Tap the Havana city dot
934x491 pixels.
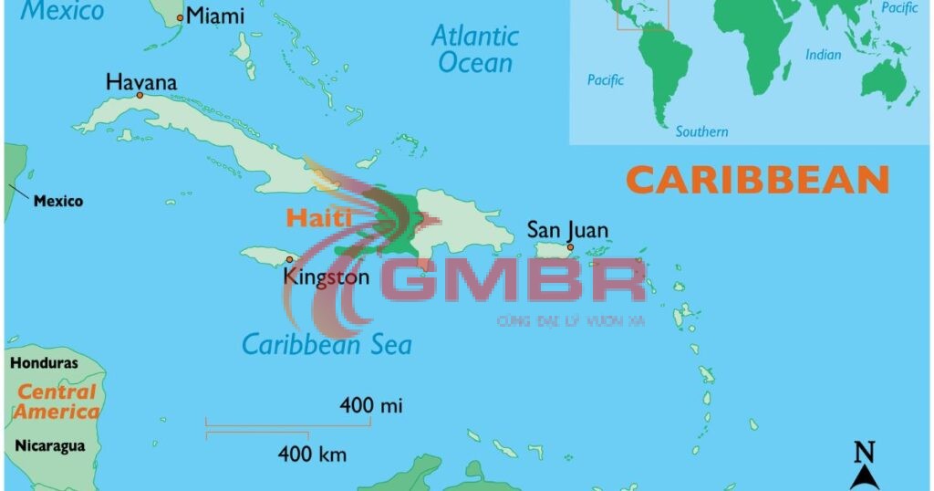coord(140,95)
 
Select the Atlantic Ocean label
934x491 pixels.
coord(475,49)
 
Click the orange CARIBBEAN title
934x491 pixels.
coord(758,180)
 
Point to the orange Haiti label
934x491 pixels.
coord(318,218)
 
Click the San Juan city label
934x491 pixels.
coord(568,230)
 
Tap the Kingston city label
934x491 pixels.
coord(327,277)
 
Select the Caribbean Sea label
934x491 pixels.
coord(327,344)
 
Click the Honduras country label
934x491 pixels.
coord(44,363)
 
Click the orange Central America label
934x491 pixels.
coord(57,402)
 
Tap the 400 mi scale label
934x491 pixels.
coord(371,404)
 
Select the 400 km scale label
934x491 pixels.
coord(312,453)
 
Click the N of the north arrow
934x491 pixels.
coord(864,452)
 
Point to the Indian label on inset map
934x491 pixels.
coord(823,56)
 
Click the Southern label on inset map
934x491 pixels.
coord(701,131)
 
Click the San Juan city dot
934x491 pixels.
coord(570,247)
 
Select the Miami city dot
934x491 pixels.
coord(180,17)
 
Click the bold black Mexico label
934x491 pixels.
coord(58,201)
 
